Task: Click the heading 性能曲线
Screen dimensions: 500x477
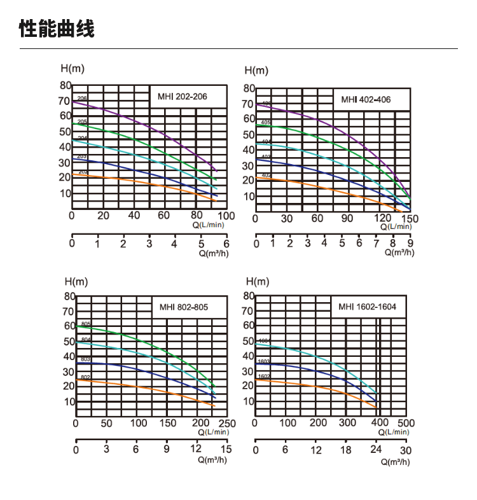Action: (57, 29)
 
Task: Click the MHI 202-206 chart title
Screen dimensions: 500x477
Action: (182, 97)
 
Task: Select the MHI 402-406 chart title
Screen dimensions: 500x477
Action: (366, 99)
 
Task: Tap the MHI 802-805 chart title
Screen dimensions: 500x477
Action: (183, 307)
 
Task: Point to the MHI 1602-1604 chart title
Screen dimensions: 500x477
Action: (367, 307)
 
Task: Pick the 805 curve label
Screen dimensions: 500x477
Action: (86, 324)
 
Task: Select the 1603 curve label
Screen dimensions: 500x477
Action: (265, 361)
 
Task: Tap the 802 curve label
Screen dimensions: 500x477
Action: (86, 377)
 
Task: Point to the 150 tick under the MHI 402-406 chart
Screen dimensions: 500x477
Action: (410, 219)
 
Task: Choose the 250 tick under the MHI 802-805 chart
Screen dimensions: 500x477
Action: (227, 423)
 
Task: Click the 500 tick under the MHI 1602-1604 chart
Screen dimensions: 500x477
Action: (406, 423)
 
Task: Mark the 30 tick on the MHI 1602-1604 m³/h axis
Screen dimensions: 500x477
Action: (406, 450)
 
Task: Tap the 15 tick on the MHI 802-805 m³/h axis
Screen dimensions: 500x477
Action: (226, 449)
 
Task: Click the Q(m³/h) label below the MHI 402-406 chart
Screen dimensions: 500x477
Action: (399, 253)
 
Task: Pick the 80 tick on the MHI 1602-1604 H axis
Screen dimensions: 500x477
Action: (249, 296)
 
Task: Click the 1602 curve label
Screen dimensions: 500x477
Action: (265, 377)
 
